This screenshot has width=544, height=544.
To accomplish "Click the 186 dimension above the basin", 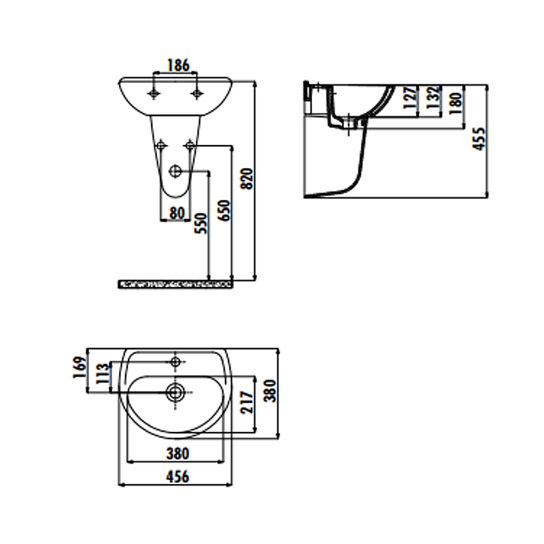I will [x=177, y=66].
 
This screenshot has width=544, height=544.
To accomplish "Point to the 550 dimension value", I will [x=201, y=222].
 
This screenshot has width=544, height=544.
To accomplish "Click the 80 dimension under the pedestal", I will [x=177, y=213].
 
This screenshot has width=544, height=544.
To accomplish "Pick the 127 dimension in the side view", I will [x=409, y=99].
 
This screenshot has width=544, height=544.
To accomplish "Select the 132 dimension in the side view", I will [x=432, y=99].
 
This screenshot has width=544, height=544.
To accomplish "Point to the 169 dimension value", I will [x=79, y=368].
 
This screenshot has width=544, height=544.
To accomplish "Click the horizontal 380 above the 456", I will [x=177, y=453].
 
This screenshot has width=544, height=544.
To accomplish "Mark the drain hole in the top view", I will [x=175, y=391].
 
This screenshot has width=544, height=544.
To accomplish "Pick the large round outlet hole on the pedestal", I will [x=177, y=172].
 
